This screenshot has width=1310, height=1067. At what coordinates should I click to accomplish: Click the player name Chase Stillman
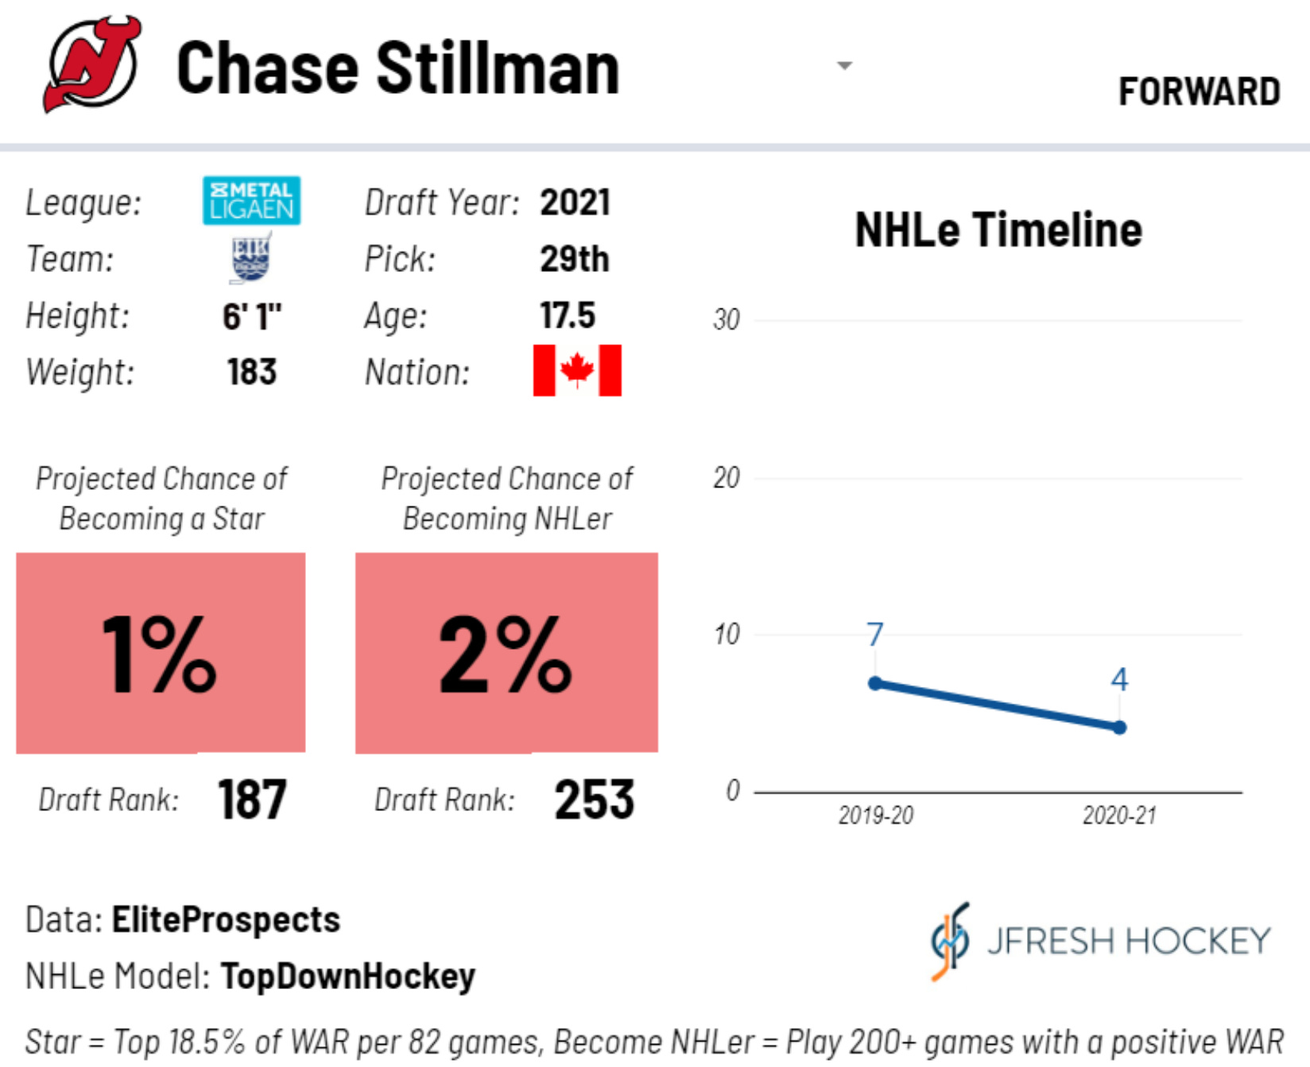point(397,69)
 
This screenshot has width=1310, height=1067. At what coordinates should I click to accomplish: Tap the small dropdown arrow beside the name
point(844,66)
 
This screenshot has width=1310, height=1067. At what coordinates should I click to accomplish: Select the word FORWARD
point(1199,92)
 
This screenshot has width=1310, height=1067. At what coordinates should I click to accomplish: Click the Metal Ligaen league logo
point(251,200)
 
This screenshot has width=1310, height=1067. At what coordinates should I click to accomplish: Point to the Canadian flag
point(577,371)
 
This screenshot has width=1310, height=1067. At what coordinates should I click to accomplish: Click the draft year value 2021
point(575,203)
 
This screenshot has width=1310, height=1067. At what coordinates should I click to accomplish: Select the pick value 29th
point(574,259)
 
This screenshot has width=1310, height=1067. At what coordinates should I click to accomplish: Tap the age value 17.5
point(568,316)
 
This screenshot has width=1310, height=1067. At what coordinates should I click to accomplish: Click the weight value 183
point(252,372)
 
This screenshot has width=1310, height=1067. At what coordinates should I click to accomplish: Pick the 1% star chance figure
point(160,654)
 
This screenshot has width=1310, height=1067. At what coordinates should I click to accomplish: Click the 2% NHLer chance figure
point(506,654)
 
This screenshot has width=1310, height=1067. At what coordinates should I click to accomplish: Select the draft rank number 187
point(252,799)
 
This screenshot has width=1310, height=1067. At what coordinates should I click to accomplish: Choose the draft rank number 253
point(595,799)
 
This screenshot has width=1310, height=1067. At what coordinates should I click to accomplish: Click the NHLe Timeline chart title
point(998,231)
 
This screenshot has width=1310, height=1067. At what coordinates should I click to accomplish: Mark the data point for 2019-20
point(875,684)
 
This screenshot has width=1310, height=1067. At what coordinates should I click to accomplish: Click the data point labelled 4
point(1119,727)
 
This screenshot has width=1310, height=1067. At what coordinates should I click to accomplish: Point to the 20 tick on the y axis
point(727,478)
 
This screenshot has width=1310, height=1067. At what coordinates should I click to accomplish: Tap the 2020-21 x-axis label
point(1119,816)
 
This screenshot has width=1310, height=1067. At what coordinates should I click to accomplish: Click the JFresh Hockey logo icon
point(951,941)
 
